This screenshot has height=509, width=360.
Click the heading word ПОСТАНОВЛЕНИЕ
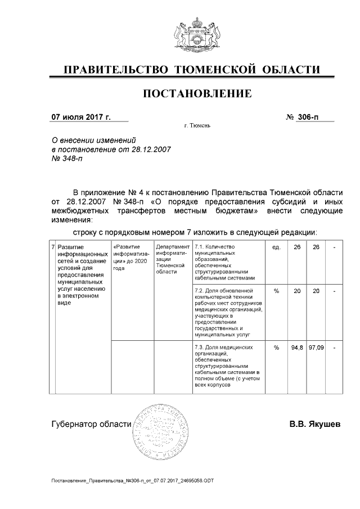coord(197,92)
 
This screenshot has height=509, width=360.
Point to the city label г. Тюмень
coord(197,125)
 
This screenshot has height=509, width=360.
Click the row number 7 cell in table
coord(52,247)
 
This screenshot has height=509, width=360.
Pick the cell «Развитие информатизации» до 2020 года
coord(132,258)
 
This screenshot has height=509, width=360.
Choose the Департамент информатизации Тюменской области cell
coord(173,259)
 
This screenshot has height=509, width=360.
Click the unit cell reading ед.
coord(276,247)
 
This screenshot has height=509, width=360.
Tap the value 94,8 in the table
coord(297,348)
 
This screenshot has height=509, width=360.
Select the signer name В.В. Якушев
coord(315,424)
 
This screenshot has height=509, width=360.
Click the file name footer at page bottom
coord(132,481)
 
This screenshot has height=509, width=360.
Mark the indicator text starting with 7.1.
coord(225,262)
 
